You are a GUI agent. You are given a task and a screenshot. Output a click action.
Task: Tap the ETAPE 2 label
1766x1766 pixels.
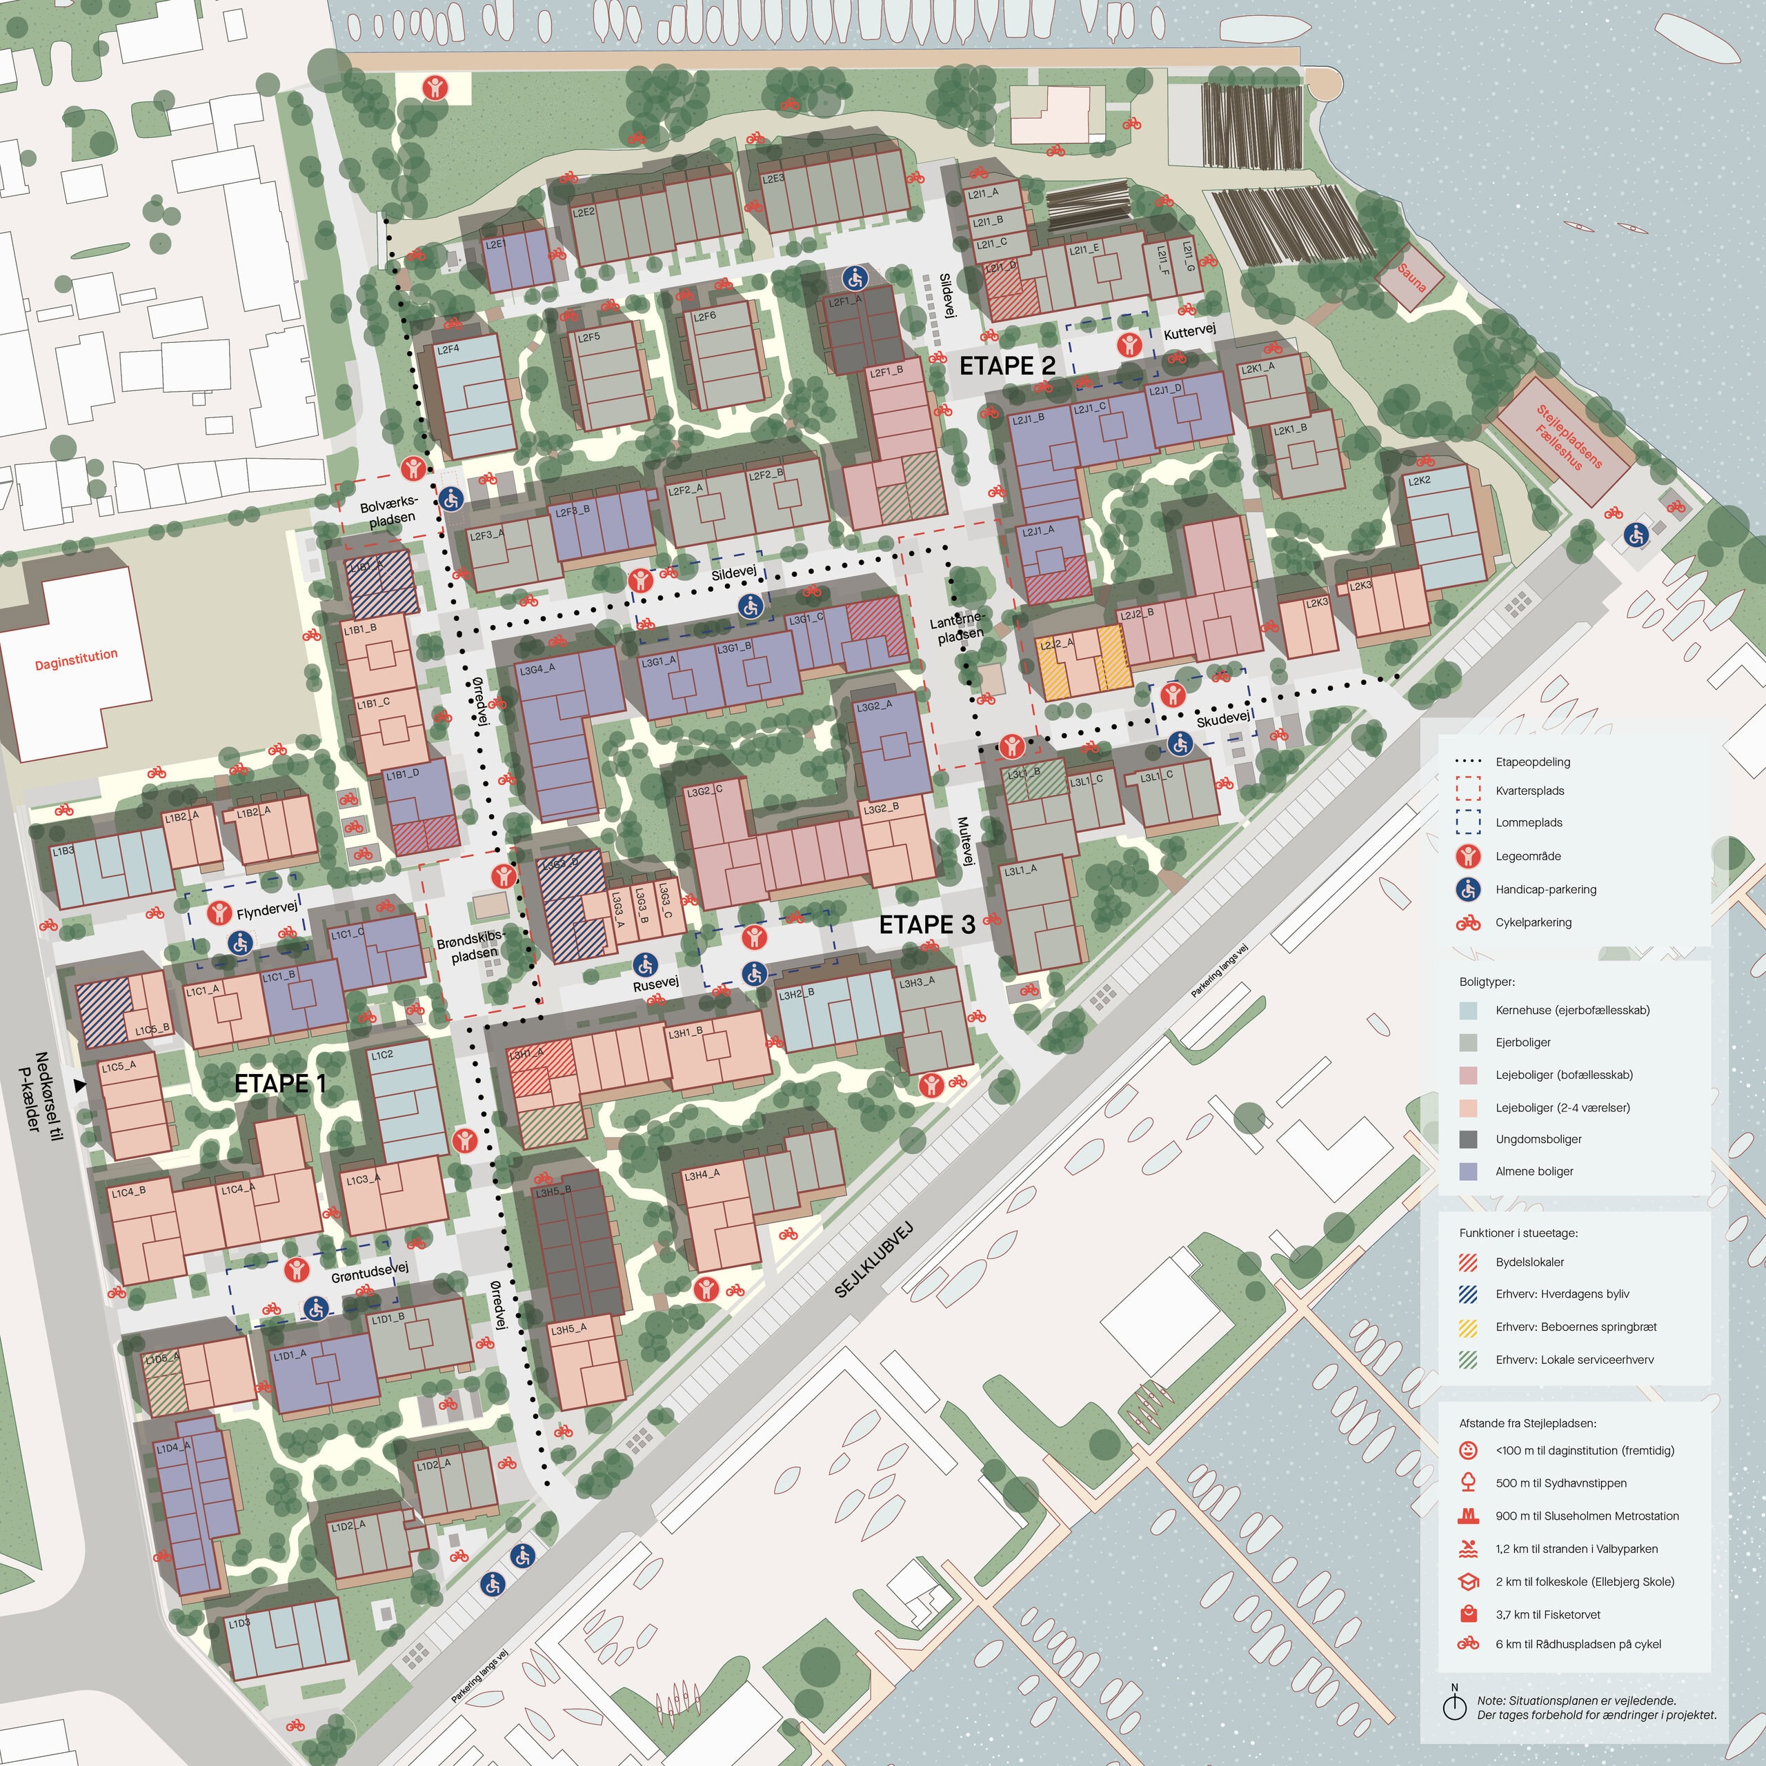coord(1007,366)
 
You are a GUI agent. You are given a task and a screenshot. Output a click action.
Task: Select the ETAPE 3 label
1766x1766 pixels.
coord(927,924)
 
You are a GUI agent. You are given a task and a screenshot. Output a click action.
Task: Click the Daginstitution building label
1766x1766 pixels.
coord(77,659)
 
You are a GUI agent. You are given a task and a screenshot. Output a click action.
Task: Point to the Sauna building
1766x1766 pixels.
coord(1411,277)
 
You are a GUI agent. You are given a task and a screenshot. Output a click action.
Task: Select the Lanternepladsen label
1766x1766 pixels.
coord(958,627)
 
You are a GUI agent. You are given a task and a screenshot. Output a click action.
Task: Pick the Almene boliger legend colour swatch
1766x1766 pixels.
coord(1468,1171)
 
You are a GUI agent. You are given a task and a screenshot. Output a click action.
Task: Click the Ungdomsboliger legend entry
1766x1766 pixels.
coord(1538,1139)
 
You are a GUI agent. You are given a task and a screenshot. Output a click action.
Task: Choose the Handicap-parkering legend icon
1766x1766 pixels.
coord(1468,889)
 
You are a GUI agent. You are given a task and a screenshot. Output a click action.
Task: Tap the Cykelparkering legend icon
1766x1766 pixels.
coord(1468,922)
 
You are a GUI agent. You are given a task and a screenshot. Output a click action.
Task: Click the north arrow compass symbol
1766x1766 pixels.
coord(1454,1704)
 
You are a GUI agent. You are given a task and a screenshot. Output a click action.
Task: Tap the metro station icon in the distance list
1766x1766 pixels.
coord(1468,1516)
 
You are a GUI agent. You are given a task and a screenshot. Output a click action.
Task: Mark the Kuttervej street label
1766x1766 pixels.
coord(1189,332)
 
